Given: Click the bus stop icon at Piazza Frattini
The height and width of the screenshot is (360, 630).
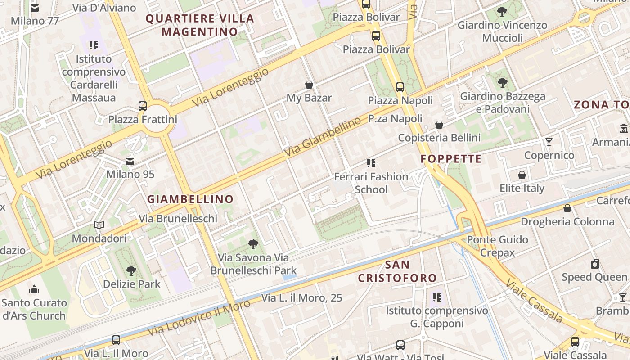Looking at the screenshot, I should click(x=143, y=106).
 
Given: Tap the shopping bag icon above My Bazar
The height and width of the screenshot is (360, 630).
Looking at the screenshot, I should click(x=309, y=85).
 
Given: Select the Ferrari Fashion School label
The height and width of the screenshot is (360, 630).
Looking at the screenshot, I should click(x=371, y=183).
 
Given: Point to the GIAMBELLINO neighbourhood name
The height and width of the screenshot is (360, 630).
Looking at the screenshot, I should click(x=190, y=199).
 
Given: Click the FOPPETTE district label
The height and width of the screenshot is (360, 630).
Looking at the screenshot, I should click(x=451, y=159).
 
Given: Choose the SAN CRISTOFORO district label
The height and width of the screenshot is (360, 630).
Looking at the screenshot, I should click(x=397, y=271).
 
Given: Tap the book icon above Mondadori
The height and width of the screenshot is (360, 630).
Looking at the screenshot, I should click(x=99, y=225).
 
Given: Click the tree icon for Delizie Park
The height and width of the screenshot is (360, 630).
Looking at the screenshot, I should click(x=131, y=271).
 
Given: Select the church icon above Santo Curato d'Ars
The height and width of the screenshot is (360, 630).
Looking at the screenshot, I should click(x=34, y=289).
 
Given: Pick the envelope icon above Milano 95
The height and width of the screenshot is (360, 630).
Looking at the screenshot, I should click(x=130, y=161).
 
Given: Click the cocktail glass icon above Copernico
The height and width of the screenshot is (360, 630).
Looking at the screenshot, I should click(x=549, y=142).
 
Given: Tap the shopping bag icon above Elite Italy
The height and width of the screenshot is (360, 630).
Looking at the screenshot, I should click(x=522, y=175).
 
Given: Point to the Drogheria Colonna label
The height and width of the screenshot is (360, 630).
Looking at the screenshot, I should click(x=567, y=221).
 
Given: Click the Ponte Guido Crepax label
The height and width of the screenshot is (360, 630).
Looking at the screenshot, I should click(x=497, y=246).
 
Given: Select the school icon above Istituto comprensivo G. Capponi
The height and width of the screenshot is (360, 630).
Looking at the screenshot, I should click(x=436, y=297).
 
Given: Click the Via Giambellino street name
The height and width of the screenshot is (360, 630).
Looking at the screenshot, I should click(x=323, y=137).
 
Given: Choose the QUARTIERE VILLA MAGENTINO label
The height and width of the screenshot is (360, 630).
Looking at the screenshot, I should click(x=200, y=25).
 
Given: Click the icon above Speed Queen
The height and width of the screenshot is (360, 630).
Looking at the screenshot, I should click(x=595, y=264).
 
